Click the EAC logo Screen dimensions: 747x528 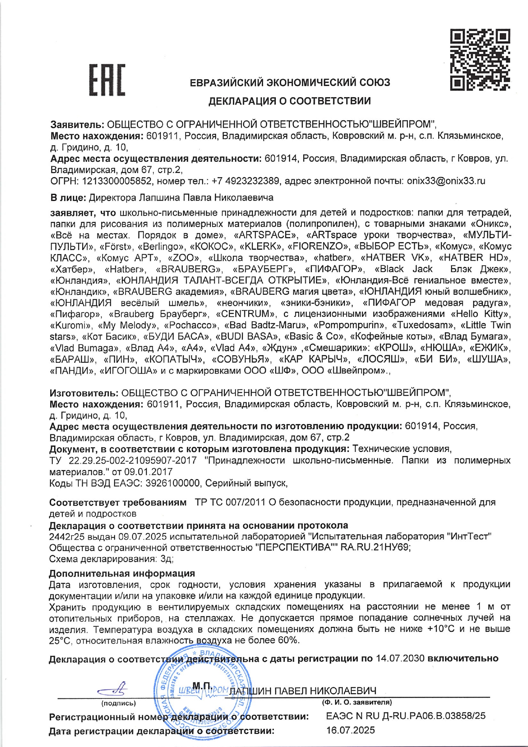point(107,80)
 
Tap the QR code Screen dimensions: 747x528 point(480,59)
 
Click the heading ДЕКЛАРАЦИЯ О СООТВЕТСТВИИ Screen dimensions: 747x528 point(289,101)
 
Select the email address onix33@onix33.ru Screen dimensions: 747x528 point(446,181)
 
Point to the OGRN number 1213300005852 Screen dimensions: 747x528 point(117,181)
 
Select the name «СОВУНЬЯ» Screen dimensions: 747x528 point(241,359)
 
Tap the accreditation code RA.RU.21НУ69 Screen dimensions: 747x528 point(375,547)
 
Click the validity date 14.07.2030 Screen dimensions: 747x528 point(400,658)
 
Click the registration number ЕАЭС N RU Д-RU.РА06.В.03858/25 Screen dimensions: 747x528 point(405,716)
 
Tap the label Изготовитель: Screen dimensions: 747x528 point(83,393)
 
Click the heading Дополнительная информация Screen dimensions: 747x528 point(122,574)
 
